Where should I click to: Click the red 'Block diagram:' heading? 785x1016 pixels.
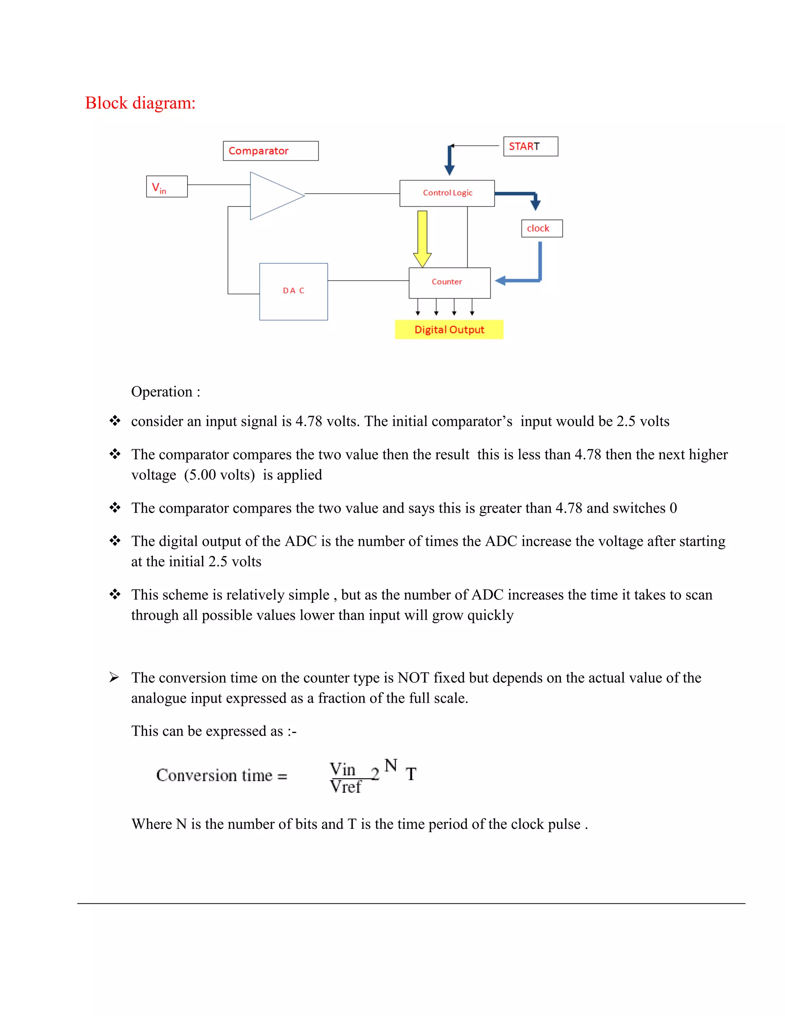pyautogui.click(x=140, y=103)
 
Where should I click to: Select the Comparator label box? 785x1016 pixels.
pyautogui.click(x=271, y=151)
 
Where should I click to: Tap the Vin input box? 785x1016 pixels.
pyautogui.click(x=166, y=187)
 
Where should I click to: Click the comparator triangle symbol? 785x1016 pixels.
pyautogui.click(x=272, y=196)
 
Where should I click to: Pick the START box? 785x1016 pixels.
pyautogui.click(x=530, y=146)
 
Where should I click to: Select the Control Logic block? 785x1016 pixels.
pyautogui.click(x=447, y=193)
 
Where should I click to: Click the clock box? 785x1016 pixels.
pyautogui.click(x=542, y=229)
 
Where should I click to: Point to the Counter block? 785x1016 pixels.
pyautogui.click(x=449, y=283)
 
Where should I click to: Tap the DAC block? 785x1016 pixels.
pyautogui.click(x=294, y=291)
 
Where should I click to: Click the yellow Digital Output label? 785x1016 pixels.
pyautogui.click(x=449, y=330)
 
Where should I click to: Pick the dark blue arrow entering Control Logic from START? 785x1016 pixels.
pyautogui.click(x=450, y=161)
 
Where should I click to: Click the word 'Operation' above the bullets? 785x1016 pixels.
pyautogui.click(x=161, y=392)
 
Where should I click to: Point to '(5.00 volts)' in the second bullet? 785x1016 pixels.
pyautogui.click(x=220, y=475)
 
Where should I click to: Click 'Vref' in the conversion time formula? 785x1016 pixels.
pyautogui.click(x=345, y=787)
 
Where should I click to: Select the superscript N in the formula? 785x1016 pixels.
pyautogui.click(x=391, y=765)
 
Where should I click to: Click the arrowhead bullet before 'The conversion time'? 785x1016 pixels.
pyautogui.click(x=114, y=677)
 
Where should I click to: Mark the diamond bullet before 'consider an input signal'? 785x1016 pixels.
pyautogui.click(x=115, y=421)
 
